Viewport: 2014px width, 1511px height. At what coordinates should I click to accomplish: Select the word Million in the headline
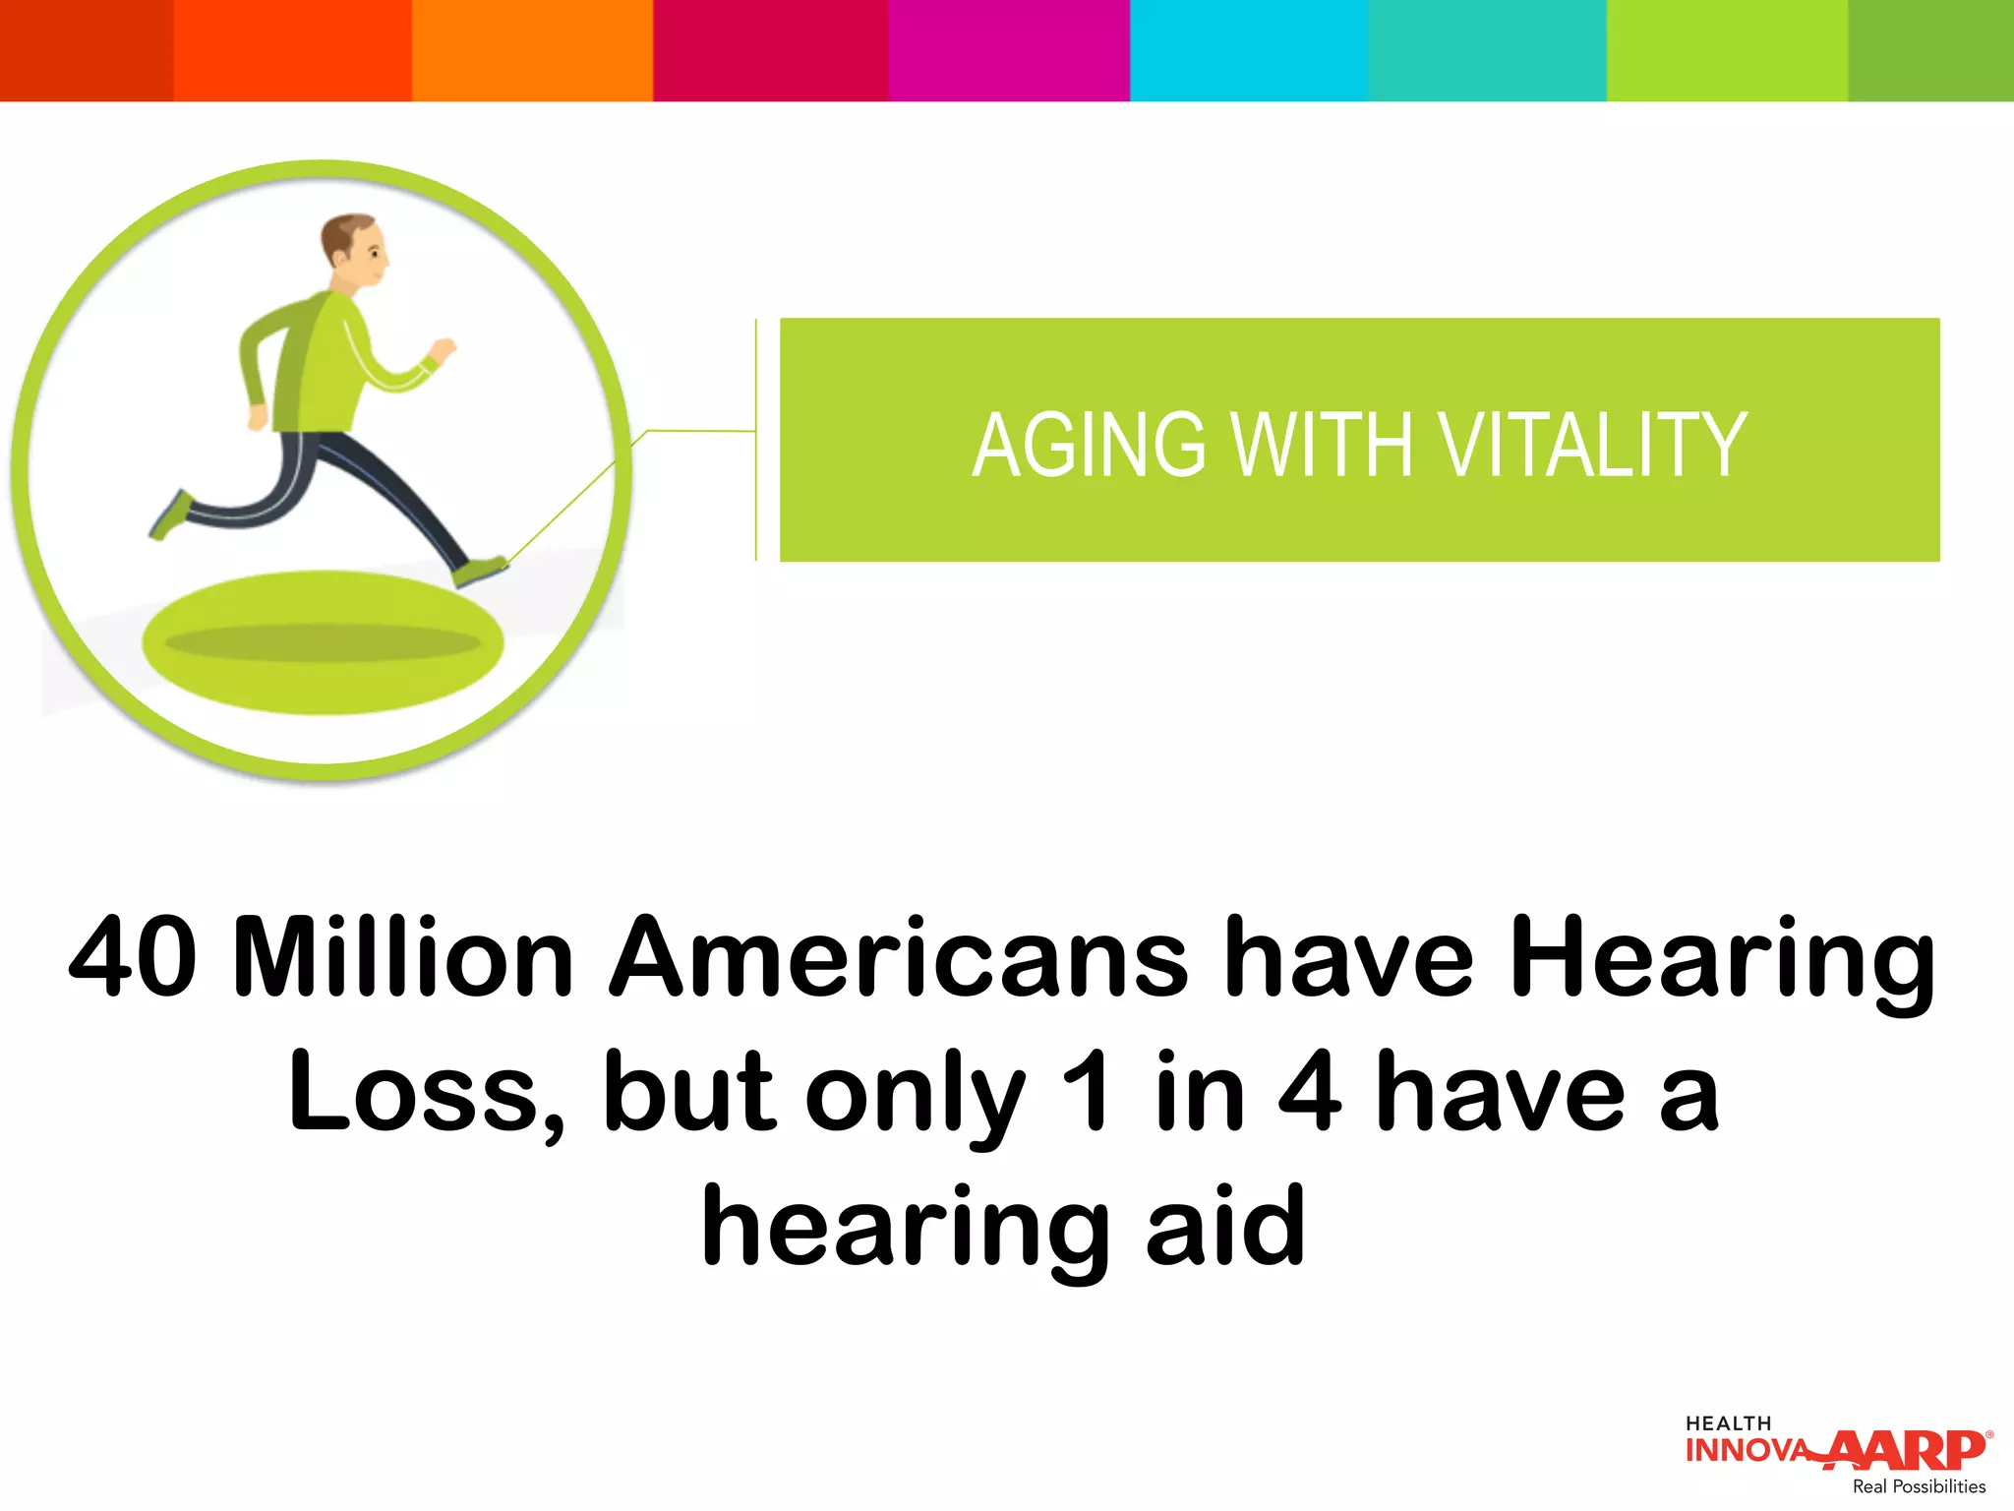(403, 957)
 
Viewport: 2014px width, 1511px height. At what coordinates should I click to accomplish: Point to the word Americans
(899, 957)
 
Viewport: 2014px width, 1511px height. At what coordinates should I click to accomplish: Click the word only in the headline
(915, 1097)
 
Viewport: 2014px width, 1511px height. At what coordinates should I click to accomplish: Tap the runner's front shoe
(480, 571)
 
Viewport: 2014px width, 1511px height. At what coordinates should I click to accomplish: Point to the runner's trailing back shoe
(171, 515)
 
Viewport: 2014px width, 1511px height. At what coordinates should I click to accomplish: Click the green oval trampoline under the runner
(323, 642)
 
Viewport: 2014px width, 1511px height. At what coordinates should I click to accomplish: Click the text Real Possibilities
(1919, 1486)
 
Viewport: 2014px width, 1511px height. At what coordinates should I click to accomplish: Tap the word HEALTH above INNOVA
(1728, 1423)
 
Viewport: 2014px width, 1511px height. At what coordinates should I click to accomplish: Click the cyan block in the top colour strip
(1248, 50)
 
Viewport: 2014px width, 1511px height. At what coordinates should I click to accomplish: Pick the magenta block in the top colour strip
(1009, 50)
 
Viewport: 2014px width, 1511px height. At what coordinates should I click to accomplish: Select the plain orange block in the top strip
(532, 50)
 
